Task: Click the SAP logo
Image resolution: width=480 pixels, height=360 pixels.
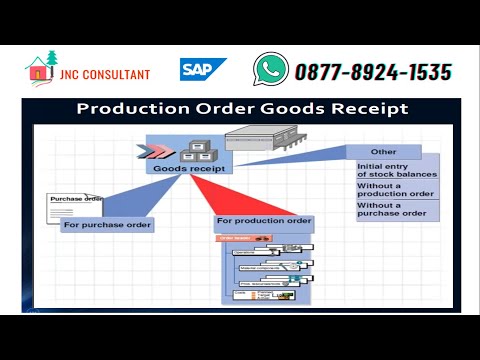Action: coord(203,70)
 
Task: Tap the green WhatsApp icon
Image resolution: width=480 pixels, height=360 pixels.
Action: coord(270,69)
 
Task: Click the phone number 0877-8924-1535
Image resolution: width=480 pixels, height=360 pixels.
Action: coord(373,71)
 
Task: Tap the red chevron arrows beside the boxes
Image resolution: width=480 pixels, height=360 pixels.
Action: coord(159,151)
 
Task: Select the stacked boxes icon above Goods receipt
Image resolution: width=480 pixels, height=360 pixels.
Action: coord(192,151)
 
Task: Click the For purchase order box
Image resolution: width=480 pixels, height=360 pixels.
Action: coord(107,225)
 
